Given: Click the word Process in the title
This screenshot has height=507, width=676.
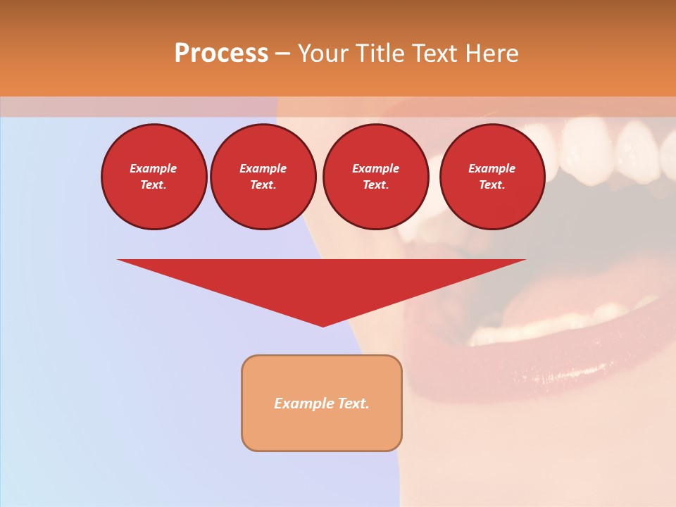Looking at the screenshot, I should [x=221, y=53].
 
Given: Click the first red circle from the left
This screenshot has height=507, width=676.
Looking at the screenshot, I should [x=154, y=177].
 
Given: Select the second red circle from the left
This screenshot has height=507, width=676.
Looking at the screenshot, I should [x=263, y=177].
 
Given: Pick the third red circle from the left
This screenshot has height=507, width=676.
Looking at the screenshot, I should [x=375, y=177].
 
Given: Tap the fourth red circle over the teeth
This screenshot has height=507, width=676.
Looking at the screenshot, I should [x=492, y=177].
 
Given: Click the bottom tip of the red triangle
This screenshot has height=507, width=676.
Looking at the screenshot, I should [x=323, y=325].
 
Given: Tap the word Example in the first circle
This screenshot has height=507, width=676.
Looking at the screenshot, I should [x=154, y=168].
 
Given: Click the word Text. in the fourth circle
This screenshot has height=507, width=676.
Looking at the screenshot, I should [x=492, y=185].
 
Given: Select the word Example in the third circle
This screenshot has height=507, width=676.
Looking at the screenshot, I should [x=375, y=168].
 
